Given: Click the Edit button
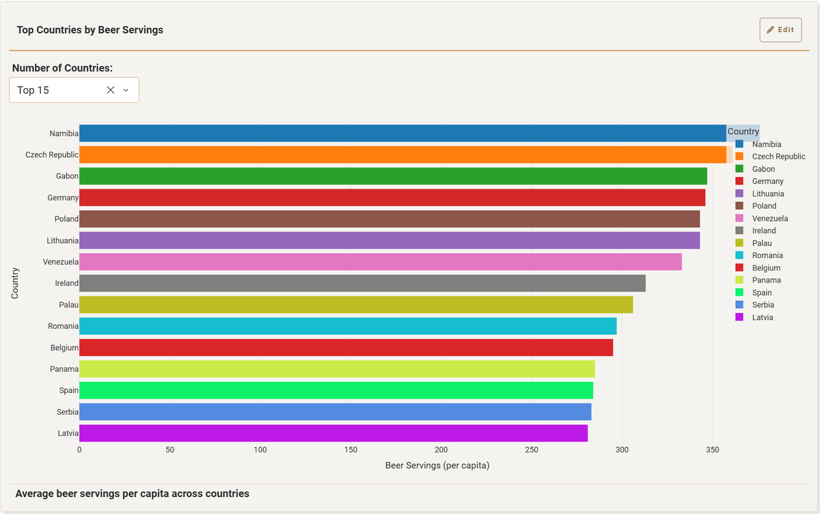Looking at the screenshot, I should [x=780, y=30].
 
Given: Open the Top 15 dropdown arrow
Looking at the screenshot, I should [x=126, y=90].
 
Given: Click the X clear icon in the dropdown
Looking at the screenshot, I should [x=111, y=90].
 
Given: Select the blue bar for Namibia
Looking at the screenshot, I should [x=402, y=133].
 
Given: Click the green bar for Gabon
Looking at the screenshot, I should [x=393, y=176].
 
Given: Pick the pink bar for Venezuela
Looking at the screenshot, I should [x=381, y=262].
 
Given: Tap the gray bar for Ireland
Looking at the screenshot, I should [x=362, y=283].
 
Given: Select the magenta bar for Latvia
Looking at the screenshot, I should [x=333, y=433].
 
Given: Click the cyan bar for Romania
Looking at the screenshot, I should [x=348, y=326].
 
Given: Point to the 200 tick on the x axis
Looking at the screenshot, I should [x=441, y=450].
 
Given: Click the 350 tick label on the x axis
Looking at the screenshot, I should [x=712, y=450].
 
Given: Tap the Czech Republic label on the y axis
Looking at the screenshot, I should [x=52, y=155].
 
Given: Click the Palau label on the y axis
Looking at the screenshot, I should [x=68, y=305].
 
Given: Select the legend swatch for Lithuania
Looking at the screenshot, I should [x=739, y=194].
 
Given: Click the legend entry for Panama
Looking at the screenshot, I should [x=766, y=280].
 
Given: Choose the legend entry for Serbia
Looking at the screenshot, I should [x=763, y=305].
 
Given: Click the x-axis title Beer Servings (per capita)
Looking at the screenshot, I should [x=437, y=466].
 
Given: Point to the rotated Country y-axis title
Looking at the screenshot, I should [x=15, y=283].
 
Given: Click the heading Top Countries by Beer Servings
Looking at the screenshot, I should [x=90, y=30].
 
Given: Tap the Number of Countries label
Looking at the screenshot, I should [x=62, y=68].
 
